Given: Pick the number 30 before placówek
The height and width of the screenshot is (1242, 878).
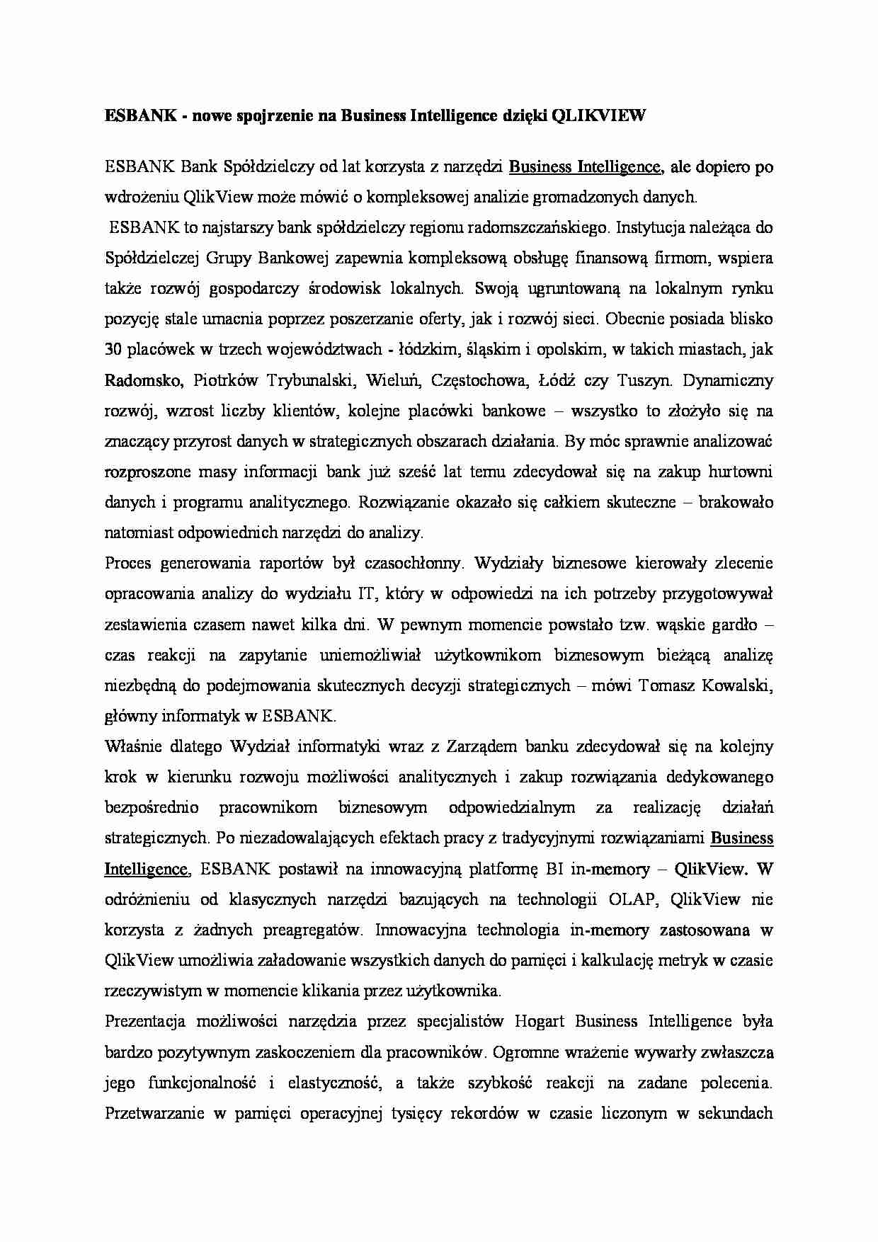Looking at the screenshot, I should click(x=113, y=350).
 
